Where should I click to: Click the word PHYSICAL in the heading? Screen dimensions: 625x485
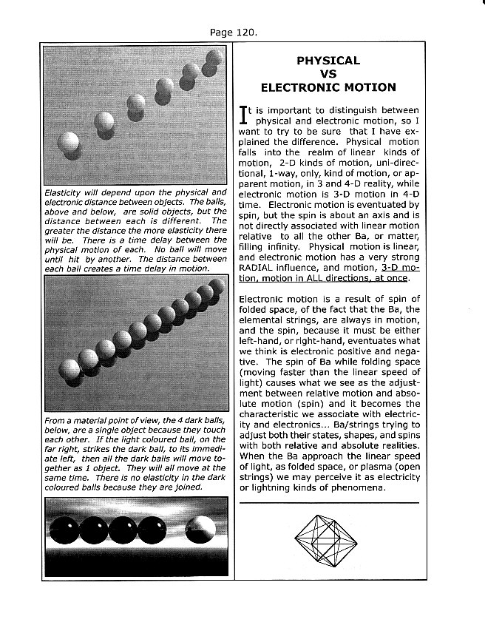coord(328,61)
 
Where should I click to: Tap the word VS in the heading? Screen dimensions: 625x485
coord(328,74)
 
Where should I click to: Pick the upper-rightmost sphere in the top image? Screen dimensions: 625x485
coord(215,57)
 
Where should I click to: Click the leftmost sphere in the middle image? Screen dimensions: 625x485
coord(67,368)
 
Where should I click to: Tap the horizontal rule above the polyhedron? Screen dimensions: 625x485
coord(328,502)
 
